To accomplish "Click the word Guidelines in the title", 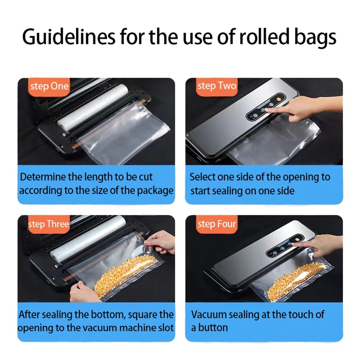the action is [69, 37].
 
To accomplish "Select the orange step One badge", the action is [49, 87].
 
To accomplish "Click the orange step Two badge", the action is [216, 86].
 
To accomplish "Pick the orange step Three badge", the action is [49, 224].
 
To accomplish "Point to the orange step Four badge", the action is [216, 224].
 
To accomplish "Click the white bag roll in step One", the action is [93, 108].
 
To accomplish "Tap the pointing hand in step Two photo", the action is [305, 108].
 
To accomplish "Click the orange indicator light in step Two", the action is [279, 99].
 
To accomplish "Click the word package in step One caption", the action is [155, 191].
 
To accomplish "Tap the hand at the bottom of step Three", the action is [84, 292].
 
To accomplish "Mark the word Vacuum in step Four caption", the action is [209, 315].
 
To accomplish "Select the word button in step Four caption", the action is [213, 328].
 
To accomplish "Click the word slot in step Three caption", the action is [166, 328].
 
